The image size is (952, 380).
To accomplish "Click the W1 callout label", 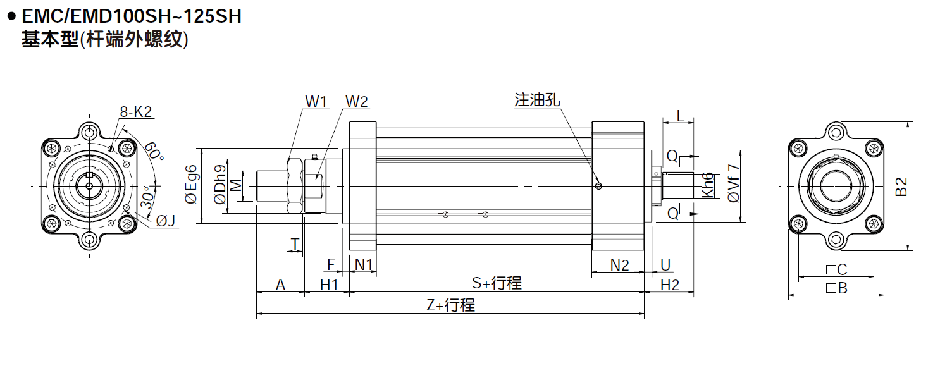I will [x=316, y=101].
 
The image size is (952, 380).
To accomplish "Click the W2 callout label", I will [x=356, y=101].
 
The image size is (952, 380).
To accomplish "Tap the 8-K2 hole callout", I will [x=136, y=113].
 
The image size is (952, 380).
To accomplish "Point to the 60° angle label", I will [x=153, y=151].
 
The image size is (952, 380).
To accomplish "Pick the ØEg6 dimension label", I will [x=191, y=185].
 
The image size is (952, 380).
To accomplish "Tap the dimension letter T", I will [x=295, y=244].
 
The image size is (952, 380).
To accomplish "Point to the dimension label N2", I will [x=619, y=265].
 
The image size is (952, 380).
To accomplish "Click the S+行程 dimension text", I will [x=497, y=283].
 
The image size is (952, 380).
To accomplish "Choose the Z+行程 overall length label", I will [x=450, y=305].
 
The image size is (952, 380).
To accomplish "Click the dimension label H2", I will [x=669, y=285].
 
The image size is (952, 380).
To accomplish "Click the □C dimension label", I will [x=836, y=270].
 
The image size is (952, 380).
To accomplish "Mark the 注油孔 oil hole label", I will [x=537, y=100].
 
